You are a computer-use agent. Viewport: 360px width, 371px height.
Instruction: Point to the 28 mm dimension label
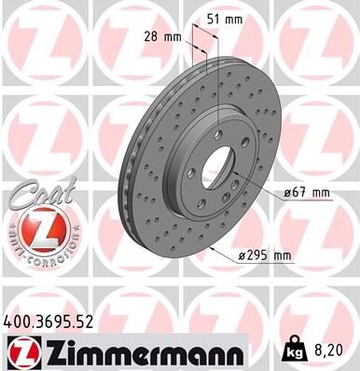pos(165,38)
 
